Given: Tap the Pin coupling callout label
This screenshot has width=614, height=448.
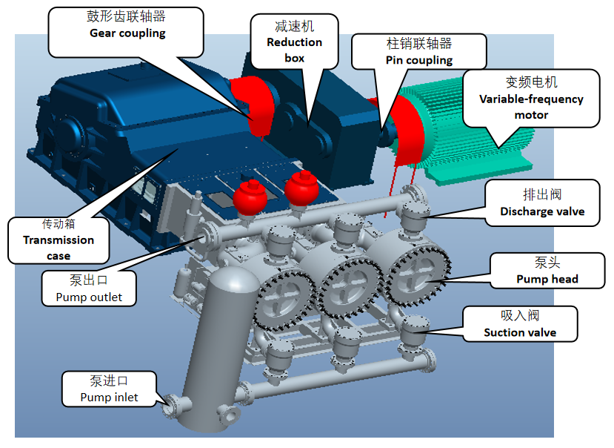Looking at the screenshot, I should pos(418,51).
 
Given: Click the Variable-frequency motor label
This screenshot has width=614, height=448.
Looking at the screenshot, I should pos(531,98).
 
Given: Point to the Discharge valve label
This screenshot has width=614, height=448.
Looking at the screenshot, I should pos(541,202).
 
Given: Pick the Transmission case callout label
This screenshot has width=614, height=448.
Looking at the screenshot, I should pos(59,239).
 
